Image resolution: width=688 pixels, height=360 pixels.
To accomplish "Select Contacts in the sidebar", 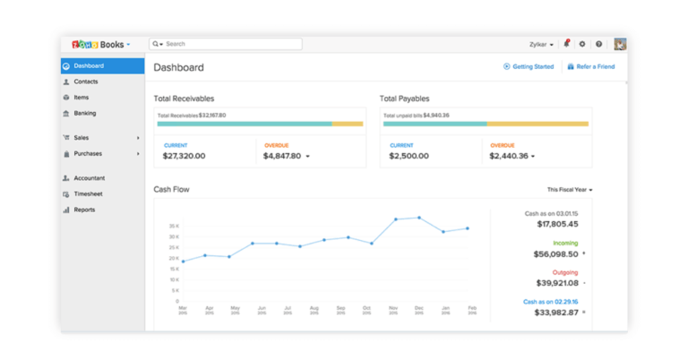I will point(86,81).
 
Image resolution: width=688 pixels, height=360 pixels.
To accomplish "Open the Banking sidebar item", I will point(85,114).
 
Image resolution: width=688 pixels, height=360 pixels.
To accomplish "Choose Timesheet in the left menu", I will point(88,193).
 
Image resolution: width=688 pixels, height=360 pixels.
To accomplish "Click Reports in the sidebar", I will point(84,210).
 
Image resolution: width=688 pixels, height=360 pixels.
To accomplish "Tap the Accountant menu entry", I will point(89,178).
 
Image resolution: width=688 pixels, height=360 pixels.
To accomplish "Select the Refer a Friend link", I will point(595,66).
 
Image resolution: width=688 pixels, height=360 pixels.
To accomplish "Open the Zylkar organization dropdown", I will point(542,44).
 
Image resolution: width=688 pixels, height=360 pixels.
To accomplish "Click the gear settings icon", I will point(582,44).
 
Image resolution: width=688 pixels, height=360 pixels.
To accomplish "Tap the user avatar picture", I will point(620,44).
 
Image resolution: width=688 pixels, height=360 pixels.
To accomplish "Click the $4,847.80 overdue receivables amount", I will point(282,156).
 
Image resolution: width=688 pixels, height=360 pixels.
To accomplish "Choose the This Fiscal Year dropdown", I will point(570,190).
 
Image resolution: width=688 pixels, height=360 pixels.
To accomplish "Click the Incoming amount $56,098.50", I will point(555,254).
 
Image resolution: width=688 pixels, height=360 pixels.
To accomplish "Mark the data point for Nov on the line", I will point(396,219).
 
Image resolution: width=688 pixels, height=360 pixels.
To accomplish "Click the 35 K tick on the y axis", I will point(174,226).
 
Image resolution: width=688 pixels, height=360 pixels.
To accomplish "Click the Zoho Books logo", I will point(100,44).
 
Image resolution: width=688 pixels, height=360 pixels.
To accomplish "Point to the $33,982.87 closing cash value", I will point(555,313).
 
